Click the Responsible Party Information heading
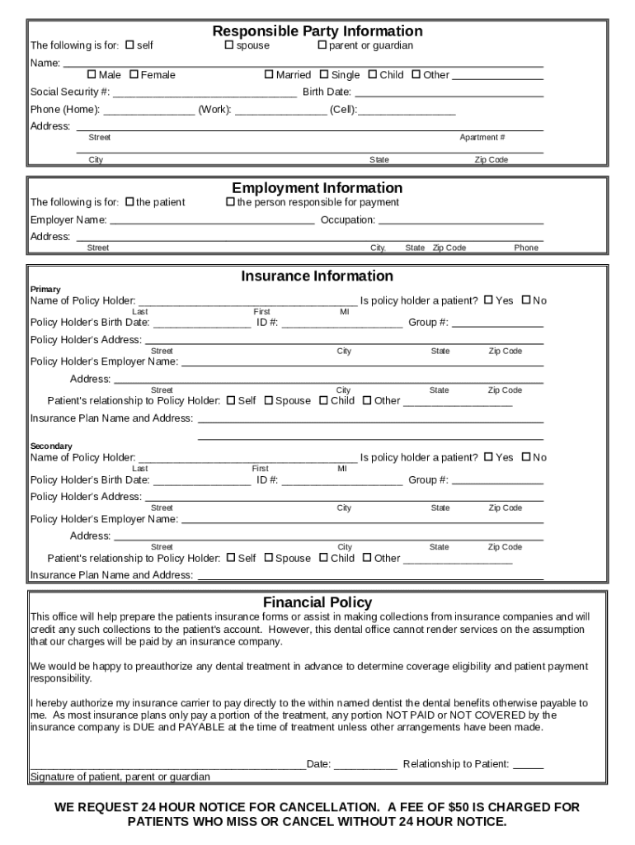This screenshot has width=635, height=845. [317, 31]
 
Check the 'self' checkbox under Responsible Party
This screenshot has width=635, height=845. [129, 45]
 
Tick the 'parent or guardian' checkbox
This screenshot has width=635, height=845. [322, 45]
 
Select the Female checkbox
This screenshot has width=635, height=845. [134, 74]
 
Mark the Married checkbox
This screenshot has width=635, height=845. [269, 74]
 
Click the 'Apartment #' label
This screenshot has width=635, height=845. [482, 138]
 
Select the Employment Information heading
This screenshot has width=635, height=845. [317, 188]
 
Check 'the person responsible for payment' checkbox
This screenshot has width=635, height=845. [230, 202]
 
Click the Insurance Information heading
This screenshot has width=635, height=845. [317, 276]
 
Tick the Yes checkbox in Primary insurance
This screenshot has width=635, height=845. [488, 300]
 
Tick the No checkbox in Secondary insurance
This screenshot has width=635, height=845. [525, 457]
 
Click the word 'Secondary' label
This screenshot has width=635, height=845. [51, 446]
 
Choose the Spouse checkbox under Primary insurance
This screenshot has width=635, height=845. [268, 400]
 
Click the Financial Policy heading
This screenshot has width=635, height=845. [317, 602]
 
